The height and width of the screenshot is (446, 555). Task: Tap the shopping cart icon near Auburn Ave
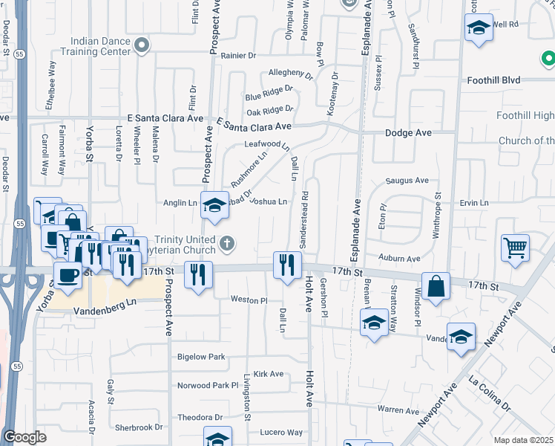515,248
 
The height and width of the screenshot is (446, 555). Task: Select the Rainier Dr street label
237,55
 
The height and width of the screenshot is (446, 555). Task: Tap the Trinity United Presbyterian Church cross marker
228,242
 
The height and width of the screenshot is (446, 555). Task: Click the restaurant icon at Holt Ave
286,265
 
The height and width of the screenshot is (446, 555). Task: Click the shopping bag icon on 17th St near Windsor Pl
438,284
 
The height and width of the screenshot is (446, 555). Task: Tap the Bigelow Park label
201,357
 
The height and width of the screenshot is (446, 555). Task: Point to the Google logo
24,437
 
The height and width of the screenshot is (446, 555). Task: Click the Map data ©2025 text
524,440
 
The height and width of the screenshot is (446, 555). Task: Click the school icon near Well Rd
479,29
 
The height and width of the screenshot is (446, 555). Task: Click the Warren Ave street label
398,410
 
